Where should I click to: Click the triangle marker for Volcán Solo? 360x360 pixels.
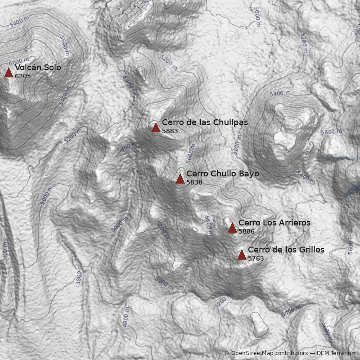9,72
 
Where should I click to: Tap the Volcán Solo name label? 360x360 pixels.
38,67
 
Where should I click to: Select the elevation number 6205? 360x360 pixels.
22,76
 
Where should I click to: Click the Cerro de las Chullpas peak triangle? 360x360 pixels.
156,127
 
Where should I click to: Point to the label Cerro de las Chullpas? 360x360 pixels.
205,122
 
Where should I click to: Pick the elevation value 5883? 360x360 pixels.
170,131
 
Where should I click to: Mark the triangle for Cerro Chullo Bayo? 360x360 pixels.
180,179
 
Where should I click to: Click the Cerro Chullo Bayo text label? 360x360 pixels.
222,174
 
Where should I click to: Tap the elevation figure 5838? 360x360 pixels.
194,182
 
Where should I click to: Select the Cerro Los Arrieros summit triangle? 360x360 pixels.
232,228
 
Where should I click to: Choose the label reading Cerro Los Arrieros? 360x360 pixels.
274,223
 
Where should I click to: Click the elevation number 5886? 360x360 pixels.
247,231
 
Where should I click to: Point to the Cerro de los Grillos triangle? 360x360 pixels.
242,255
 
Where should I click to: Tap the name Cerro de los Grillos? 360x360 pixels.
286,250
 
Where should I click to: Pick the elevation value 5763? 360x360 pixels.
256,258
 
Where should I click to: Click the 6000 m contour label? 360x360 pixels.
18,61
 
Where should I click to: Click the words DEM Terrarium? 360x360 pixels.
337,353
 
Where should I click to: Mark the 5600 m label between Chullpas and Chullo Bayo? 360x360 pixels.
191,153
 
